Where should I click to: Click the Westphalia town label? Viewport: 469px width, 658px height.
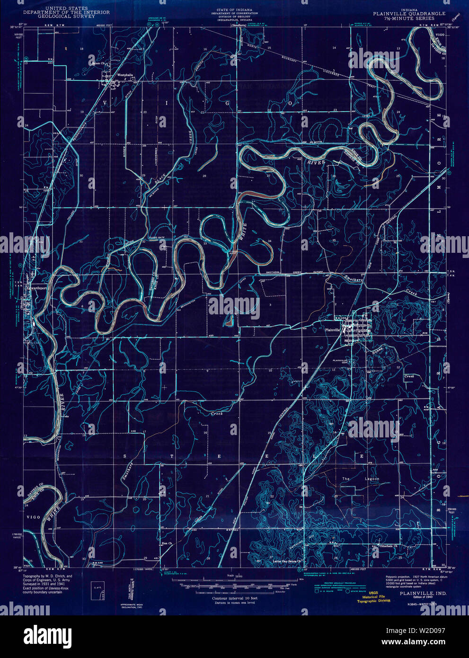pos(121,75)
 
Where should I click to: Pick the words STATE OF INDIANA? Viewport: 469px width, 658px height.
pos(234,9)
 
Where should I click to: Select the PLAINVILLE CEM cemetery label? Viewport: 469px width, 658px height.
pos(341,363)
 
